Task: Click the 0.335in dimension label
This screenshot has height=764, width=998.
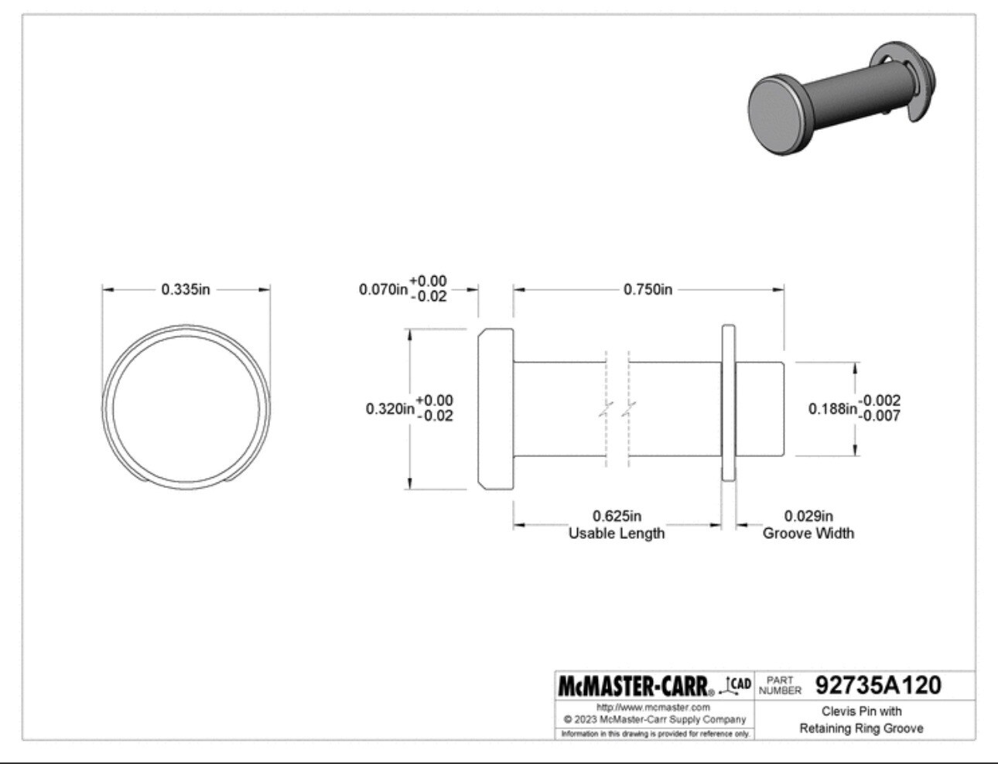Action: (186, 289)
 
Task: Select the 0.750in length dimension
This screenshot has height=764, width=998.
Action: (648, 289)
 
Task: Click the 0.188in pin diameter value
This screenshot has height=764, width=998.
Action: (832, 408)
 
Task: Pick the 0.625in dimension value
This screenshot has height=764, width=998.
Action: (617, 516)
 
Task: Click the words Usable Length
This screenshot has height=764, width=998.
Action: (617, 534)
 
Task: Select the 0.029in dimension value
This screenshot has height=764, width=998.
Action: (808, 516)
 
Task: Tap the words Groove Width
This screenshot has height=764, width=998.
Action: (808, 534)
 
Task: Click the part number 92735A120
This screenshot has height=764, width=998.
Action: (878, 685)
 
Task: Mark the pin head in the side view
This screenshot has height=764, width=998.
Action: (496, 408)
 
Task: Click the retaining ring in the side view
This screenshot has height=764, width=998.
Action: (728, 408)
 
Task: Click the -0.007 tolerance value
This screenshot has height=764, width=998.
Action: (882, 416)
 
